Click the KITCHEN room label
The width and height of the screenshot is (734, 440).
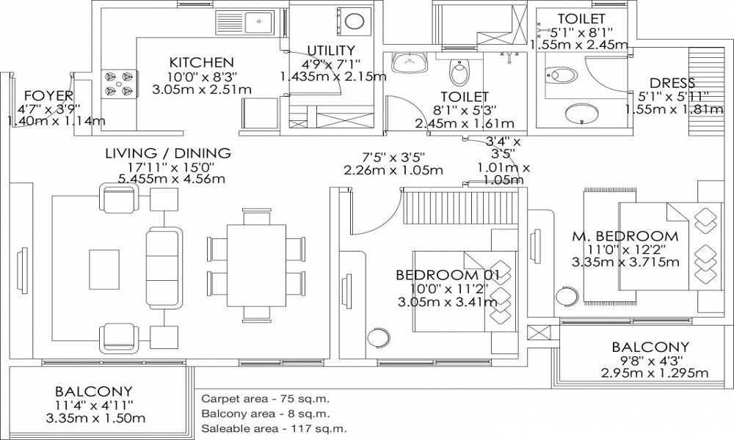pos(201,62)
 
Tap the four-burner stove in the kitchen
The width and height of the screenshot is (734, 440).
pos(120,84)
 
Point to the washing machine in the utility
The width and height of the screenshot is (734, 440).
pos(354,22)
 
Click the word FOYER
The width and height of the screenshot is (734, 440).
pos(48,96)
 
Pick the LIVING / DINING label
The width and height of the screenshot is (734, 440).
pos(168,153)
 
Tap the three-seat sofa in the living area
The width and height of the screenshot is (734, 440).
pos(164,268)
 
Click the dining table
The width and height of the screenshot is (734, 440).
pos(256,265)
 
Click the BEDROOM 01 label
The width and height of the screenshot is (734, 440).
pos(448,274)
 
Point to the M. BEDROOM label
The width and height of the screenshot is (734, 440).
pos(625,236)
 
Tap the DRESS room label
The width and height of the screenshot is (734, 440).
pos(672,83)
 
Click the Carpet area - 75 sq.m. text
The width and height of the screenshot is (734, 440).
pos(266,400)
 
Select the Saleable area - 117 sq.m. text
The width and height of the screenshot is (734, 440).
pos(275,428)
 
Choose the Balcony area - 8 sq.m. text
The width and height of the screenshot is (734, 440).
pos(266,414)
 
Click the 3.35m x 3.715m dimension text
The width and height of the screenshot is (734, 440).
pos(625,262)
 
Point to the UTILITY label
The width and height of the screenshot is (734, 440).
pos(331,50)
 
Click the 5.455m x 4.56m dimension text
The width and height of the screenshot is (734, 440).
pos(172,179)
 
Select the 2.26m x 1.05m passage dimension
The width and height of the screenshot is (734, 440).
pos(393,170)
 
